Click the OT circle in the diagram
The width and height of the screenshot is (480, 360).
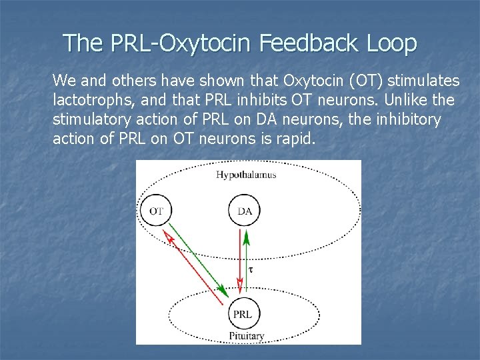pyautogui.click(x=156, y=211)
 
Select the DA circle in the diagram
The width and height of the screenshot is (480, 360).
pyautogui.click(x=245, y=211)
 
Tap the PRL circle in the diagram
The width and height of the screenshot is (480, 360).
pyautogui.click(x=245, y=313)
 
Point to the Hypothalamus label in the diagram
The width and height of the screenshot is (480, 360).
pyautogui.click(x=246, y=175)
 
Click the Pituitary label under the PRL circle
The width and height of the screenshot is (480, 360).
pyautogui.click(x=246, y=335)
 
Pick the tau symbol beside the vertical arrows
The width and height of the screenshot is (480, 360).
pyautogui.click(x=251, y=269)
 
